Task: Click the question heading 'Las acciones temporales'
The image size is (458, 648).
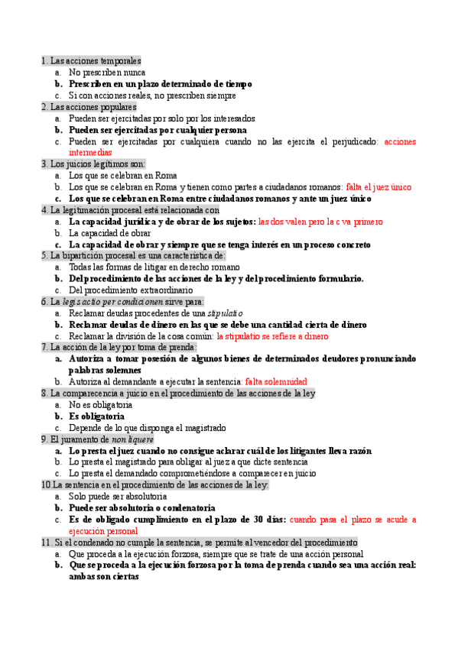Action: coord(96,60)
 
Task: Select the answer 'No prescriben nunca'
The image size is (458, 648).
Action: coord(107,72)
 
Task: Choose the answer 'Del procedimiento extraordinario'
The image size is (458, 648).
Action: coord(135,290)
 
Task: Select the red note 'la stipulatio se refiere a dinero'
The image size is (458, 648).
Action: coord(272,336)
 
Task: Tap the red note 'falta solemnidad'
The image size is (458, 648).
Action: coord(276,381)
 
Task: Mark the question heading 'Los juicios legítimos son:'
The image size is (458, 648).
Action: coord(98,164)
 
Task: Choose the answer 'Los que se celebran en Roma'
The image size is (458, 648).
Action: coord(123,175)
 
